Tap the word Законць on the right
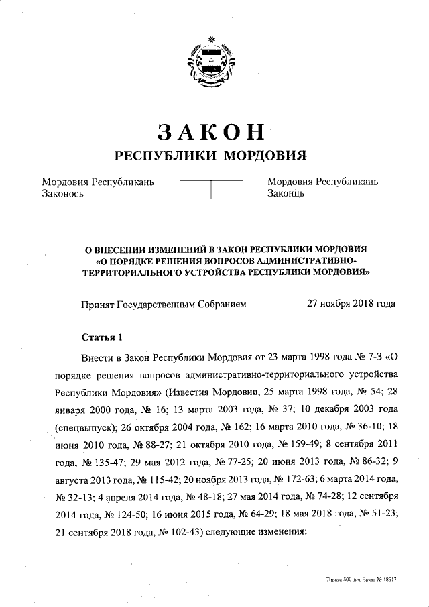[286, 194]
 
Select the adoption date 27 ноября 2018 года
[351, 303]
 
